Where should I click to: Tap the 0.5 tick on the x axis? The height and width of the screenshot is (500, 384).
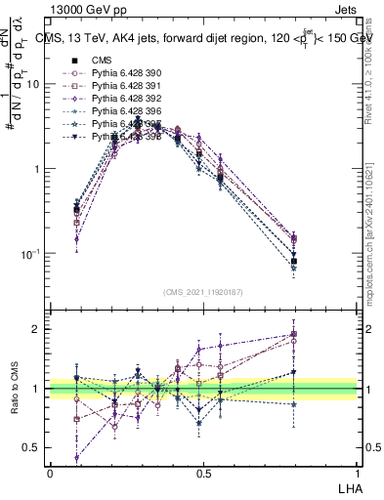click(x=203, y=473)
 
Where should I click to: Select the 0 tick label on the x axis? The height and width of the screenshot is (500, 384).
click(x=50, y=473)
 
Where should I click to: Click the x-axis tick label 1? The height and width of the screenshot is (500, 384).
click(x=357, y=473)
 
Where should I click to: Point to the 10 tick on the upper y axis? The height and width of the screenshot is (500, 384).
click(x=33, y=84)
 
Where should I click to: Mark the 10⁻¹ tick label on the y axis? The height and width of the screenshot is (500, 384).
click(x=29, y=254)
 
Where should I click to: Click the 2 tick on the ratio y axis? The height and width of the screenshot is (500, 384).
click(x=39, y=329)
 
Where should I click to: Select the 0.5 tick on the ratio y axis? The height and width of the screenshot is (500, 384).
click(x=34, y=447)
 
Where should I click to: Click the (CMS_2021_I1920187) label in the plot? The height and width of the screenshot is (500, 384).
click(x=203, y=292)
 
